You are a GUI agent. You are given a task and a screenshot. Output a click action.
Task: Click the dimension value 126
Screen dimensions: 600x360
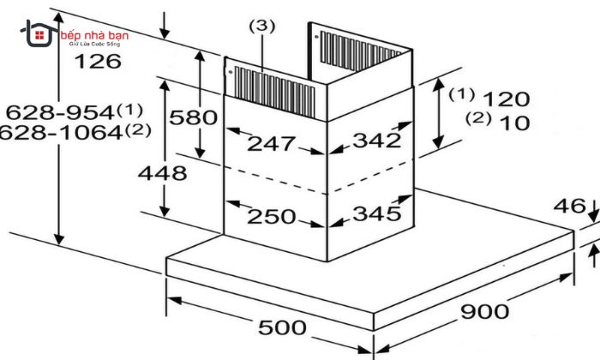coord(98,61)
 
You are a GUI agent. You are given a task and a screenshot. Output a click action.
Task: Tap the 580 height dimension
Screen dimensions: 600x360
coord(193,117)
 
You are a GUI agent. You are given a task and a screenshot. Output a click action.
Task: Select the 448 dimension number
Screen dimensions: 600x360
coord(163,173)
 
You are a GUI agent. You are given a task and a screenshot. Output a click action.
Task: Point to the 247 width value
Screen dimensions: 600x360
coord(272,144)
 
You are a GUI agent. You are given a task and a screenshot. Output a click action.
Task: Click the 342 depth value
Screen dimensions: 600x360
coord(377,141)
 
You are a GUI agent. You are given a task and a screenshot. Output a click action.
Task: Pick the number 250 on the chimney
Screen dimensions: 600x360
coord(272,217)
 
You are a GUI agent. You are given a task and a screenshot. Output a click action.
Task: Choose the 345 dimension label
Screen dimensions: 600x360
coord(377,213)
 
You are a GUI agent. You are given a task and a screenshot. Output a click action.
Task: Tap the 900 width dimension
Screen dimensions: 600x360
coord(485,312)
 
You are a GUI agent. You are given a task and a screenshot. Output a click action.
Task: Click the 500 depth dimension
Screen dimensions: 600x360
coord(282,327)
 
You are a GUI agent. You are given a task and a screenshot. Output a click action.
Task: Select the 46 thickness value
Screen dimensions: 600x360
coord(570,206)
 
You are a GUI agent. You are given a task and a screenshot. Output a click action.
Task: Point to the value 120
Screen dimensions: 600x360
coord(507,99)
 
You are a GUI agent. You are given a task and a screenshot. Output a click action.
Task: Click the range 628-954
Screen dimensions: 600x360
coord(60,112)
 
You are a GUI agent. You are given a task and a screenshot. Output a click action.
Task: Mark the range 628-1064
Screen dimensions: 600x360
coord(61,133)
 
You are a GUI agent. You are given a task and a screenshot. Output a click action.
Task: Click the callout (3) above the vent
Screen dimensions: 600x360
coord(262,26)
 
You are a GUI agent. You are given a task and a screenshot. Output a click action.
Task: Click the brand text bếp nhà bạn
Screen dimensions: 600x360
coord(94,36)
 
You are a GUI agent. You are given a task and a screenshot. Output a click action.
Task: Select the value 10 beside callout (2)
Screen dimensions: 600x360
coord(514,123)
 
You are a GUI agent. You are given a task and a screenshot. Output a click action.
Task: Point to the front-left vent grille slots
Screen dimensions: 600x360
coord(274,93)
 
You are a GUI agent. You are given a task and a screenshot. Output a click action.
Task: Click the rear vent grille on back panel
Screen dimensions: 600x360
coord(361,51)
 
